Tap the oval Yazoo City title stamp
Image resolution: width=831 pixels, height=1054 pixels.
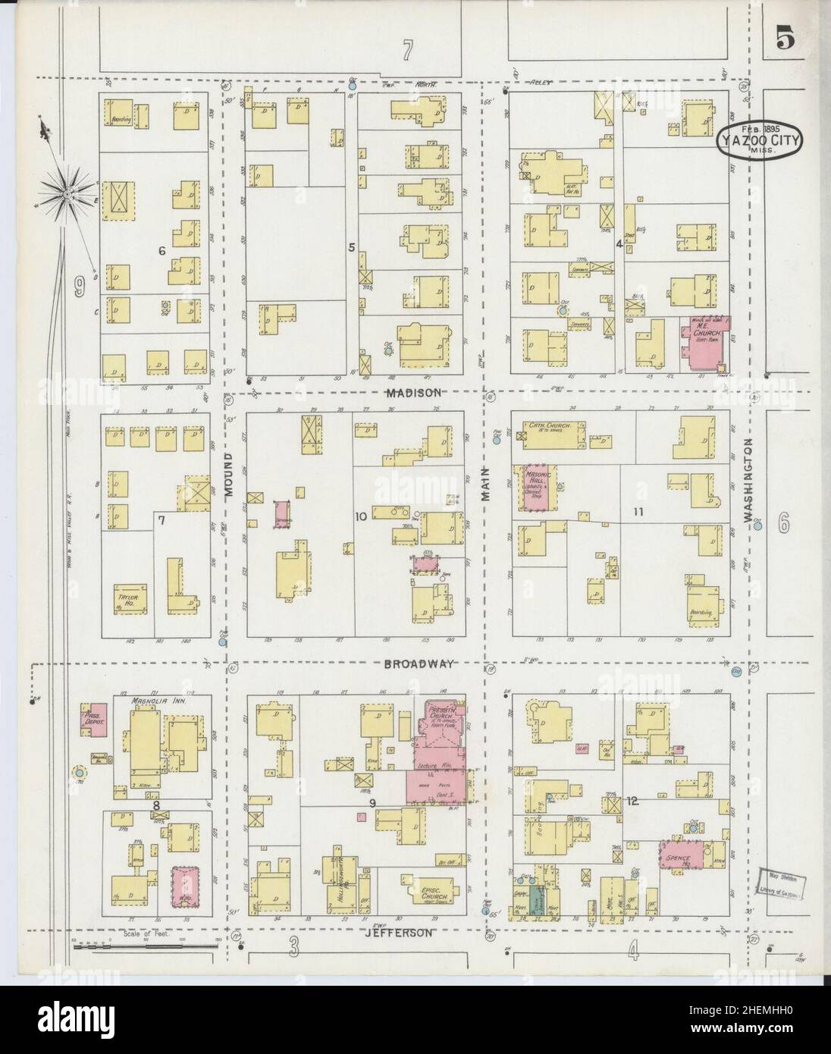tap(757, 140)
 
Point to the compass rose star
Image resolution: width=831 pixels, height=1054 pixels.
tap(67, 195)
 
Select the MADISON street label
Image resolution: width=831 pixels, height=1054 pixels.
tap(412, 392)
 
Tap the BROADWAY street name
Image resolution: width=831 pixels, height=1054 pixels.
tap(418, 663)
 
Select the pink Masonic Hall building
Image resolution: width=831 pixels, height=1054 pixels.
tap(537, 489)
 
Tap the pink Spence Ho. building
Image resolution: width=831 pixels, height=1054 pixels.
tap(681, 855)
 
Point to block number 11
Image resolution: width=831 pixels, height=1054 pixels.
tap(638, 512)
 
